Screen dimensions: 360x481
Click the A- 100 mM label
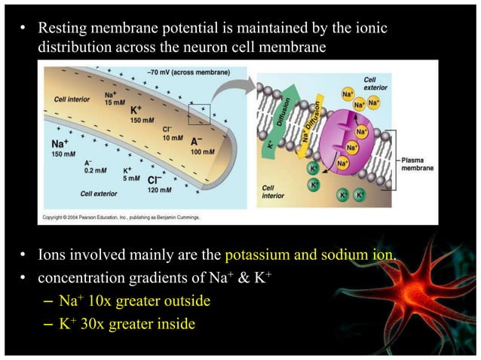point(201,146)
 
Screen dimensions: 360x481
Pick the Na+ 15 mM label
point(111,98)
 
